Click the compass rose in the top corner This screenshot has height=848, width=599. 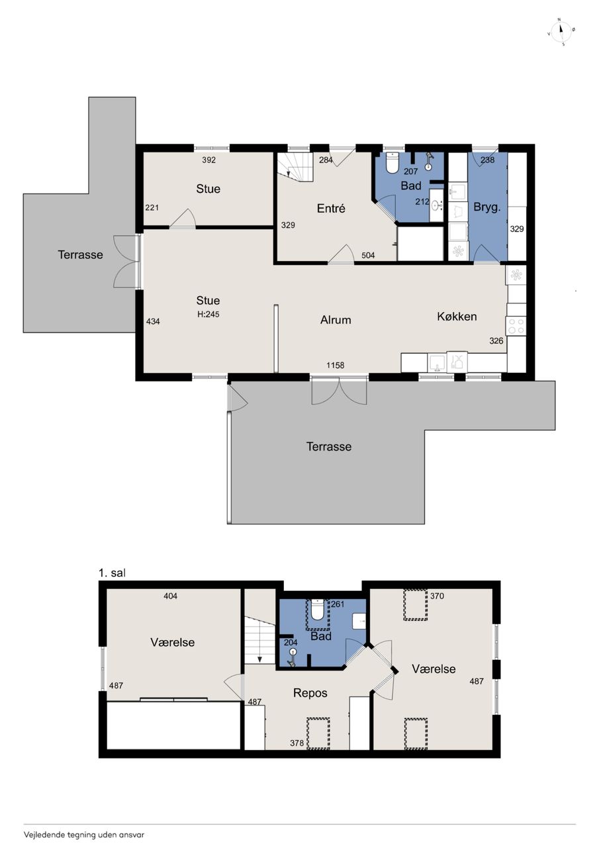coord(561,31)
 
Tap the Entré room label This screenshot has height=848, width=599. coord(331,209)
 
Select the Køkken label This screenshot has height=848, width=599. coord(457,316)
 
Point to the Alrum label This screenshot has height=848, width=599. coord(336,320)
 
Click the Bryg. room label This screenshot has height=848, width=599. coord(487,207)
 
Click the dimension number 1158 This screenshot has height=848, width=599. coord(336,365)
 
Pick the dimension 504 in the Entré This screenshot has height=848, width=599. coord(368,255)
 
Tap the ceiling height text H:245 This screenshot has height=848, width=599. coord(208,314)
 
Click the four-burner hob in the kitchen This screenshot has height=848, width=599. coord(516,326)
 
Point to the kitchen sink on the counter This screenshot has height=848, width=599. coord(437,362)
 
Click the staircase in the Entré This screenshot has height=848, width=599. coord(296,167)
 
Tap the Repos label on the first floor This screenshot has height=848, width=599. coord(310,693)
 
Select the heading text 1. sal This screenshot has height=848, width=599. coord(112,573)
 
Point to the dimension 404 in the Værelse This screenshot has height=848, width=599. coord(171,596)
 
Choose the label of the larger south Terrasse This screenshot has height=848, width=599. coord(329,447)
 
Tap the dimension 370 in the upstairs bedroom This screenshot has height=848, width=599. coord(437,596)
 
